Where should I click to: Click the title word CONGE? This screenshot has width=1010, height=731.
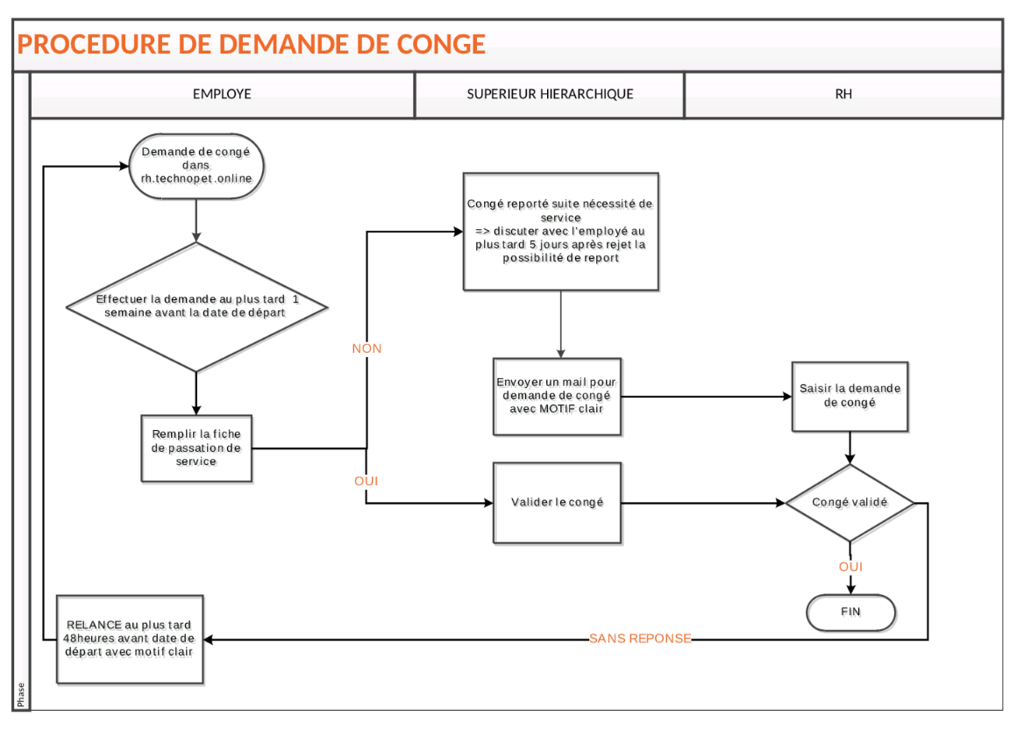click(441, 45)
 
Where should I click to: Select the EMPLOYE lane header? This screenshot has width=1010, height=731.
click(222, 94)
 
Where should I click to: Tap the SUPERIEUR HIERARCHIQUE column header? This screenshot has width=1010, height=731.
click(550, 94)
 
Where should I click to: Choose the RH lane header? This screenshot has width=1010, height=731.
click(843, 94)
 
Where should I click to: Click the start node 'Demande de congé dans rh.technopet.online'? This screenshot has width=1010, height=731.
click(196, 166)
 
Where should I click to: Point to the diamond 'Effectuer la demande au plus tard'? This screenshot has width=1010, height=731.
click(196, 307)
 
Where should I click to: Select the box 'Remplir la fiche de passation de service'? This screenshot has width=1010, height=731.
click(196, 448)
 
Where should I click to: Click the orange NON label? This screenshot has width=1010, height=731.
click(366, 348)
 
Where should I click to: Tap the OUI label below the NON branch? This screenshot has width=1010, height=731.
click(366, 481)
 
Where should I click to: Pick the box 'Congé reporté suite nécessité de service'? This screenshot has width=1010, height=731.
click(561, 232)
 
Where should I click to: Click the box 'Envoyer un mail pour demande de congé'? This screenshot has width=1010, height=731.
click(558, 397)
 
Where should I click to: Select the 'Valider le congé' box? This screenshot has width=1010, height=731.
click(558, 503)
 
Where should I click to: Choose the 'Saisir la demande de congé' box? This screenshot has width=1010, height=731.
click(850, 397)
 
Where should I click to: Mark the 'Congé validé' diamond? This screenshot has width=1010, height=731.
click(850, 503)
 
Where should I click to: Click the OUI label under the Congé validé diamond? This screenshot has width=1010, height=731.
click(850, 567)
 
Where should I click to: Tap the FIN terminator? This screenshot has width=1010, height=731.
click(851, 612)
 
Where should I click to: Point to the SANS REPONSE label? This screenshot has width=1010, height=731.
click(640, 638)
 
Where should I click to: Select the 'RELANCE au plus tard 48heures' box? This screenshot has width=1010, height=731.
click(130, 639)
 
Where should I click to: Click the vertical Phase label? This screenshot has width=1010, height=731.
click(21, 695)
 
